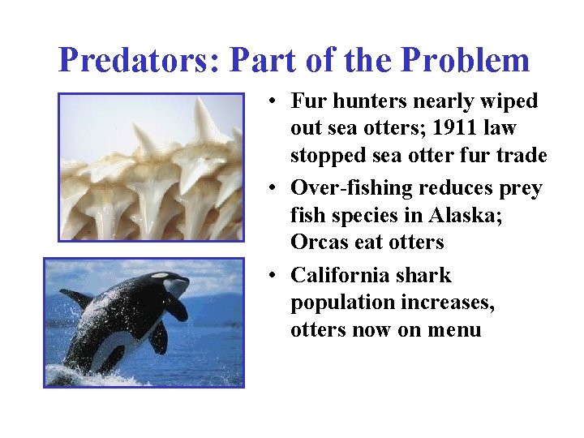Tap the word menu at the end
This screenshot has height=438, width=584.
click(x=456, y=330)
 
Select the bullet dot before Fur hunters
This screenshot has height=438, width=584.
click(x=276, y=102)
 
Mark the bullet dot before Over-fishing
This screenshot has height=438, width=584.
click(x=276, y=189)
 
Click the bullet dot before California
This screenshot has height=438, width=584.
click(x=276, y=277)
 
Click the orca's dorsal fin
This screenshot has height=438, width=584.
click(x=77, y=298)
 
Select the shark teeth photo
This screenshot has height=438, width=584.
click(x=151, y=166)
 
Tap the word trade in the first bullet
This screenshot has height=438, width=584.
click(x=520, y=156)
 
